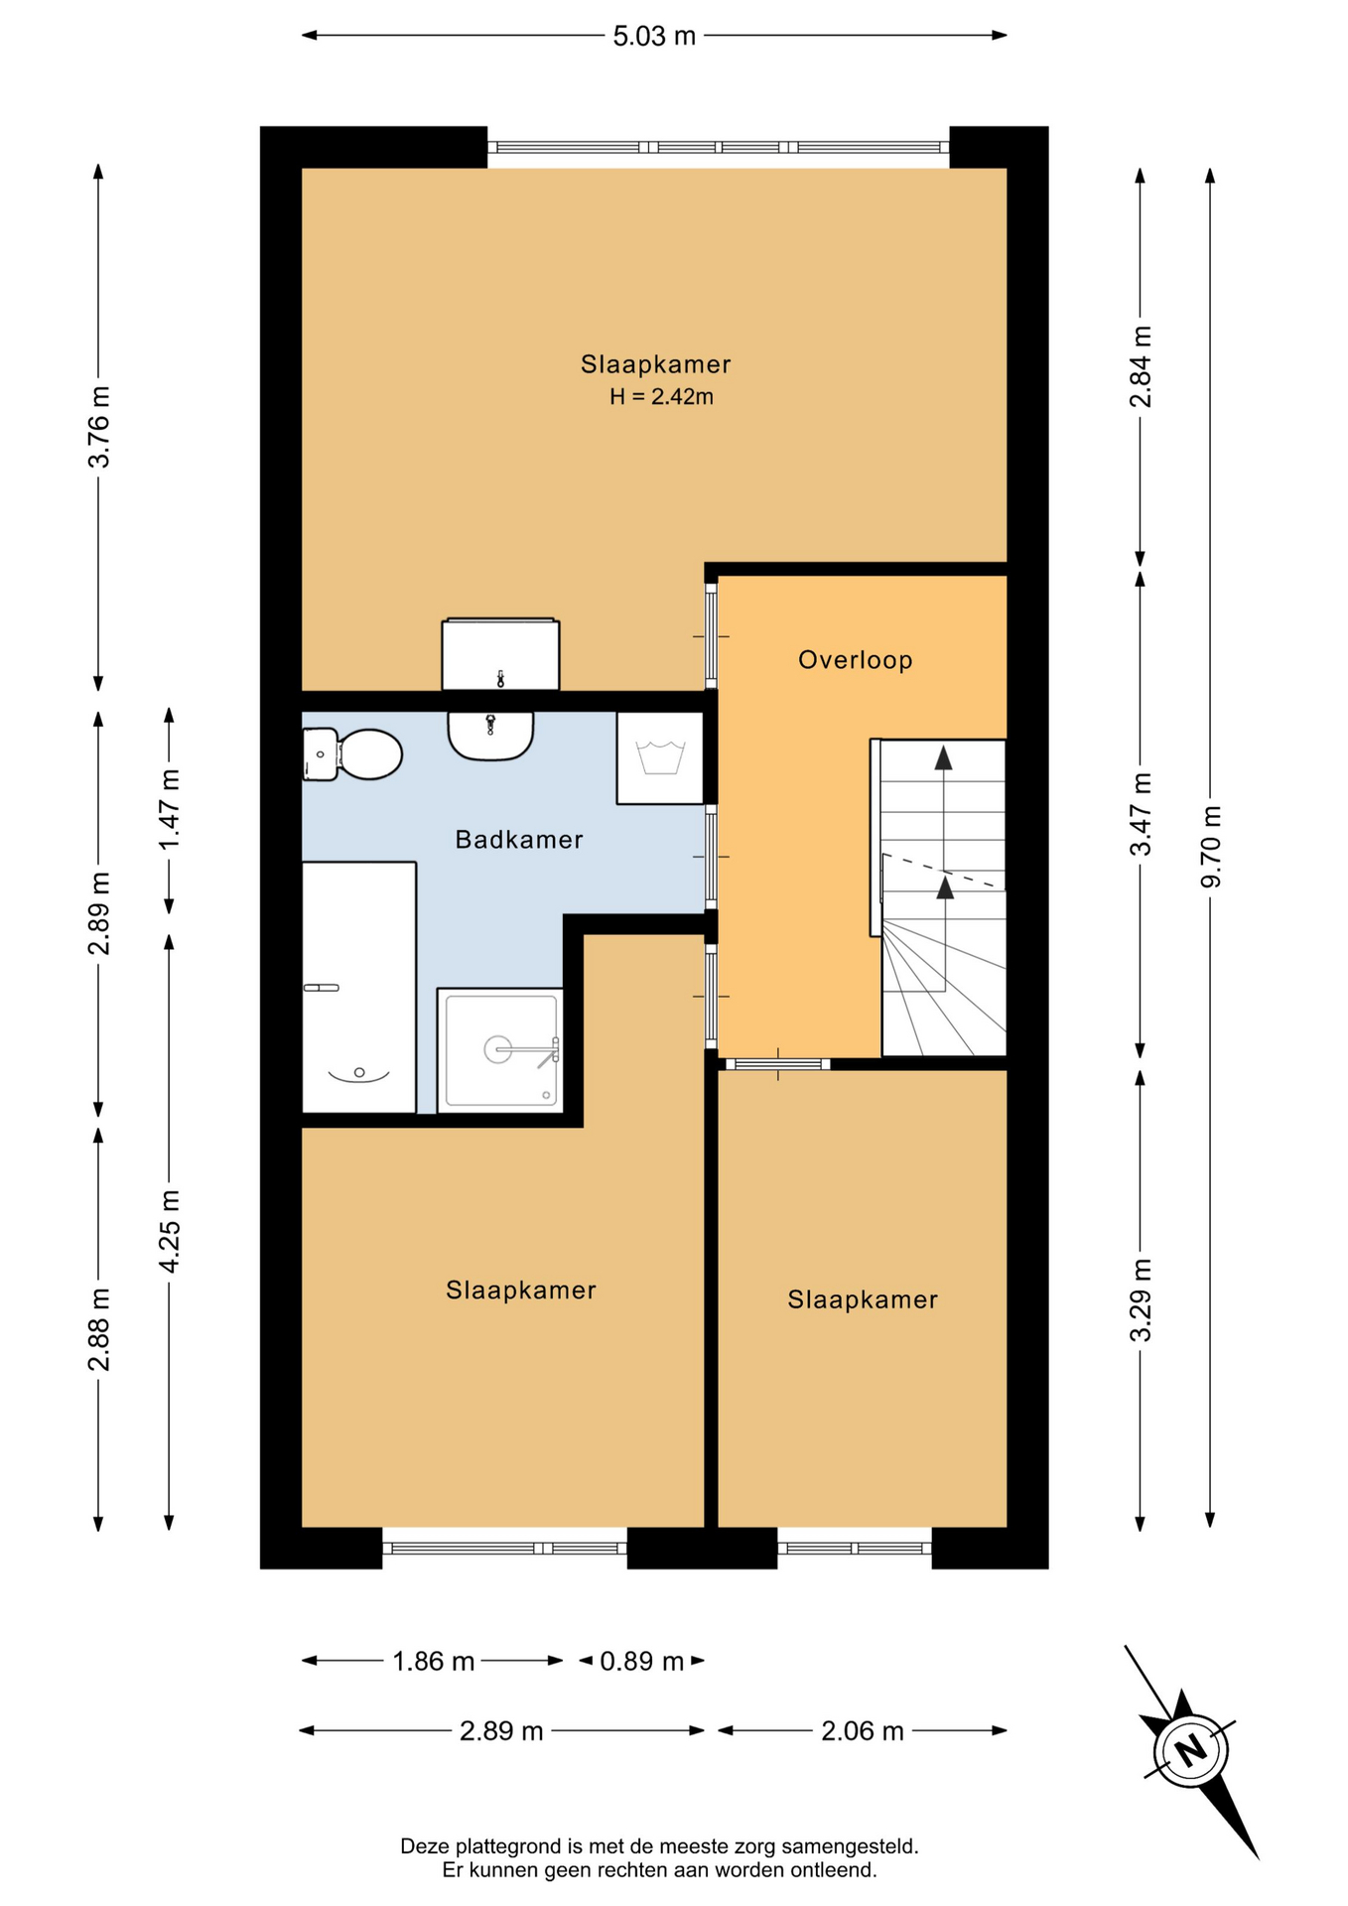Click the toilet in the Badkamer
[x=352, y=754]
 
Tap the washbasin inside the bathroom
[x=490, y=736]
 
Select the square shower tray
[x=500, y=1050]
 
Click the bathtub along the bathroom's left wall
[x=358, y=988]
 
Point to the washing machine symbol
[x=660, y=757]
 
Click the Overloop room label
[x=856, y=660]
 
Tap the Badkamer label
[x=519, y=840]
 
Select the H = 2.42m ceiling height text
[x=661, y=397]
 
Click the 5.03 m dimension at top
[x=654, y=37]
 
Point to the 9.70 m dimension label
[x=1211, y=847]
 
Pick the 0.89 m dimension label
[x=642, y=1661]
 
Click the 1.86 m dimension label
[x=434, y=1661]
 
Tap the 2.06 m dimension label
[x=863, y=1731]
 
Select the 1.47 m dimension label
[x=170, y=809]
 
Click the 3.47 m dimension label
[x=1142, y=814]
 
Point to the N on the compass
[x=1191, y=1749]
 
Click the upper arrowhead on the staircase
[x=943, y=758]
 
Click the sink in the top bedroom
[x=500, y=654]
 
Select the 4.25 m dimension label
[x=170, y=1231]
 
